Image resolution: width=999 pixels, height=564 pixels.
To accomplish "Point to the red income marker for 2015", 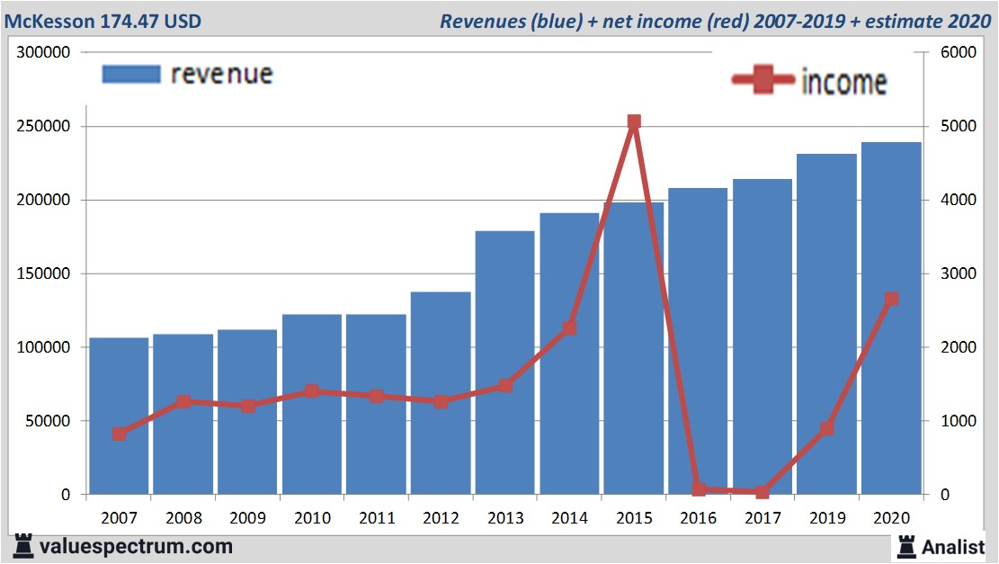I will (634, 121).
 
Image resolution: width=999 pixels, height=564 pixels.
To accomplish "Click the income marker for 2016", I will (699, 488).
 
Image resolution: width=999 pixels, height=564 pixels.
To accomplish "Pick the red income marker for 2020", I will (891, 299).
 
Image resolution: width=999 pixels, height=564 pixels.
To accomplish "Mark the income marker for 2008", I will (183, 401).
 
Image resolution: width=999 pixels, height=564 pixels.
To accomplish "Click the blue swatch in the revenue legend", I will (131, 74).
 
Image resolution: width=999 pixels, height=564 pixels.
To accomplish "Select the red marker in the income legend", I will (764, 81).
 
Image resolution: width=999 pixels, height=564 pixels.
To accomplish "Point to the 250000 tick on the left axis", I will (45, 127).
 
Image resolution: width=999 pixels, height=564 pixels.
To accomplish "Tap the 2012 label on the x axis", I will (441, 518).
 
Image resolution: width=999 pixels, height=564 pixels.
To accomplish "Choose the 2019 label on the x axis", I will (826, 518).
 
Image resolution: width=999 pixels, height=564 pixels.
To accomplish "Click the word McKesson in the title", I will (49, 20).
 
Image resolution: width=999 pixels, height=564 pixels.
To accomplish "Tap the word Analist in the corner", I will (954, 547).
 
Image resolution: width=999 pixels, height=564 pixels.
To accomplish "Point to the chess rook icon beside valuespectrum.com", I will (24, 545).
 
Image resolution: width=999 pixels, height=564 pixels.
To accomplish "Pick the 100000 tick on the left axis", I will (45, 347).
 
